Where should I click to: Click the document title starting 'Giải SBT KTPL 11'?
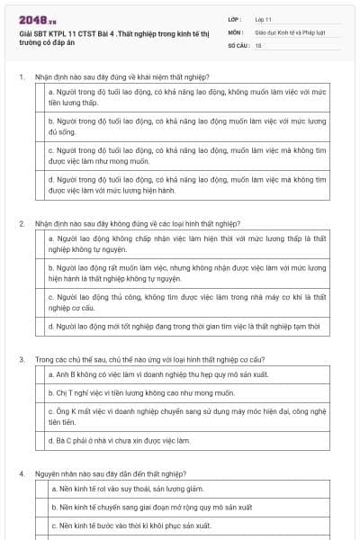tap(112, 35)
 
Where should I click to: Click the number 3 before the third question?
tap(21, 359)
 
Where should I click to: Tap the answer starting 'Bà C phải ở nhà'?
tap(121, 441)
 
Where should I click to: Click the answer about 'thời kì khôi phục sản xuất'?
tap(131, 526)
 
